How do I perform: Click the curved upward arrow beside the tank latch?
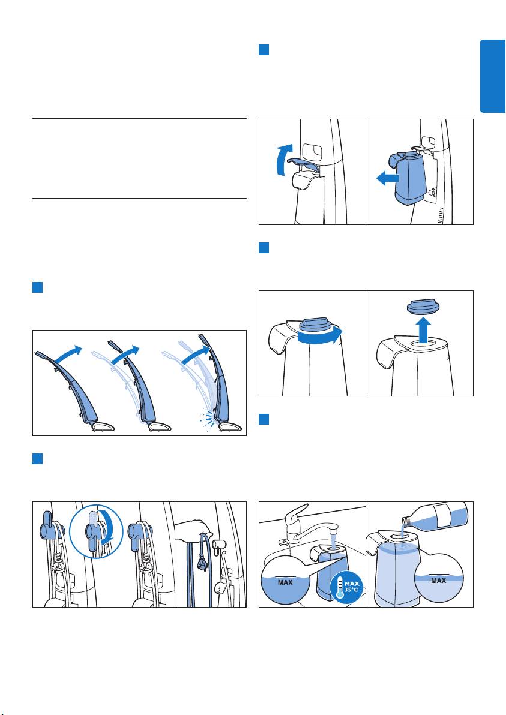click(282, 160)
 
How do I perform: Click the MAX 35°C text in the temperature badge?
click(352, 587)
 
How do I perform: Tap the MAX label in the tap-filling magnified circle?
click(285, 582)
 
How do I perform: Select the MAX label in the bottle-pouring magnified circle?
click(438, 581)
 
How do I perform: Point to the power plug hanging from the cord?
click(199, 564)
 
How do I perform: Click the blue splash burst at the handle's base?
click(206, 419)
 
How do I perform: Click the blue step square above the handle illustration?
click(37, 287)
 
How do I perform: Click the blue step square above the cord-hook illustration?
click(37, 459)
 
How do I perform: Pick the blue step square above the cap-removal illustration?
click(264, 248)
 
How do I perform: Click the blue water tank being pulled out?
click(408, 177)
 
